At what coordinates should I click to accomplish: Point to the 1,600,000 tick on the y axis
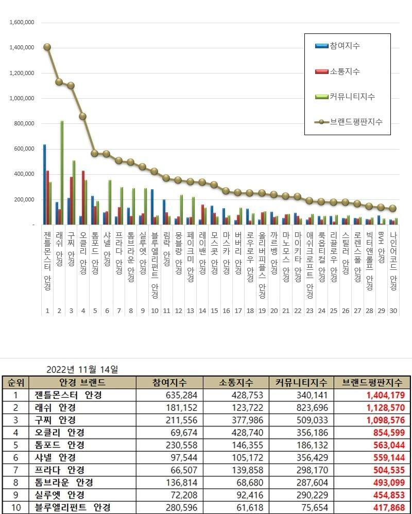click(22, 23)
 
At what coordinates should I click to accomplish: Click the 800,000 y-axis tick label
click(24, 123)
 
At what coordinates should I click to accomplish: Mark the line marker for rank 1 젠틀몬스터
click(47, 47)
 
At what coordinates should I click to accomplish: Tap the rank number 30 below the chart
click(393, 310)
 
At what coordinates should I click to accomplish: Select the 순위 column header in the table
click(15, 382)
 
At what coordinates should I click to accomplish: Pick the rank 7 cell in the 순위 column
click(15, 470)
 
